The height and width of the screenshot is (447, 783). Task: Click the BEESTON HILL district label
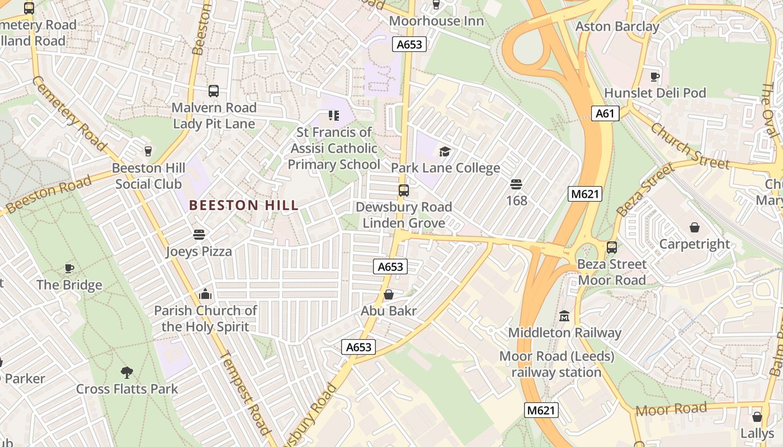(244, 205)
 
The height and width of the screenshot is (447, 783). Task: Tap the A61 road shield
(605, 114)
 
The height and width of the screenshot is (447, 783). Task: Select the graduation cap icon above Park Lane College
(445, 151)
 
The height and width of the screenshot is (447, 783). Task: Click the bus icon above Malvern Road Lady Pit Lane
(213, 91)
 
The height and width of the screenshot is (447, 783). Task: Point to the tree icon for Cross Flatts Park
(127, 372)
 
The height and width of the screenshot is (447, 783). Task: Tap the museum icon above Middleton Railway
(564, 316)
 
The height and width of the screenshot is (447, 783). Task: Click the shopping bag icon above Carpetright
(695, 227)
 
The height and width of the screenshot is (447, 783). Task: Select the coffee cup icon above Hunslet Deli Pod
(655, 76)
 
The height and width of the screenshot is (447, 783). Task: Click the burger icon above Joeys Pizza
(199, 235)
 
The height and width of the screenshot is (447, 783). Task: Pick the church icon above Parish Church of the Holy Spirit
(205, 294)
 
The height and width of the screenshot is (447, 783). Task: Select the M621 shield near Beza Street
(584, 194)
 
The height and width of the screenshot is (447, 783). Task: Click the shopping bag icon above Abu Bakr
(389, 294)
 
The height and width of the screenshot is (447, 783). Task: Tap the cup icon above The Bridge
(69, 268)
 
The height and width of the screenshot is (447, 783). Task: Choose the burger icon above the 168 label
(516, 184)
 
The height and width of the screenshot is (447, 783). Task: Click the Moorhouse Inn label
(436, 21)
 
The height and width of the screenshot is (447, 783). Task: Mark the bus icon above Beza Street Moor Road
(612, 247)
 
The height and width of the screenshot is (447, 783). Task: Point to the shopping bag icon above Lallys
(757, 417)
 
